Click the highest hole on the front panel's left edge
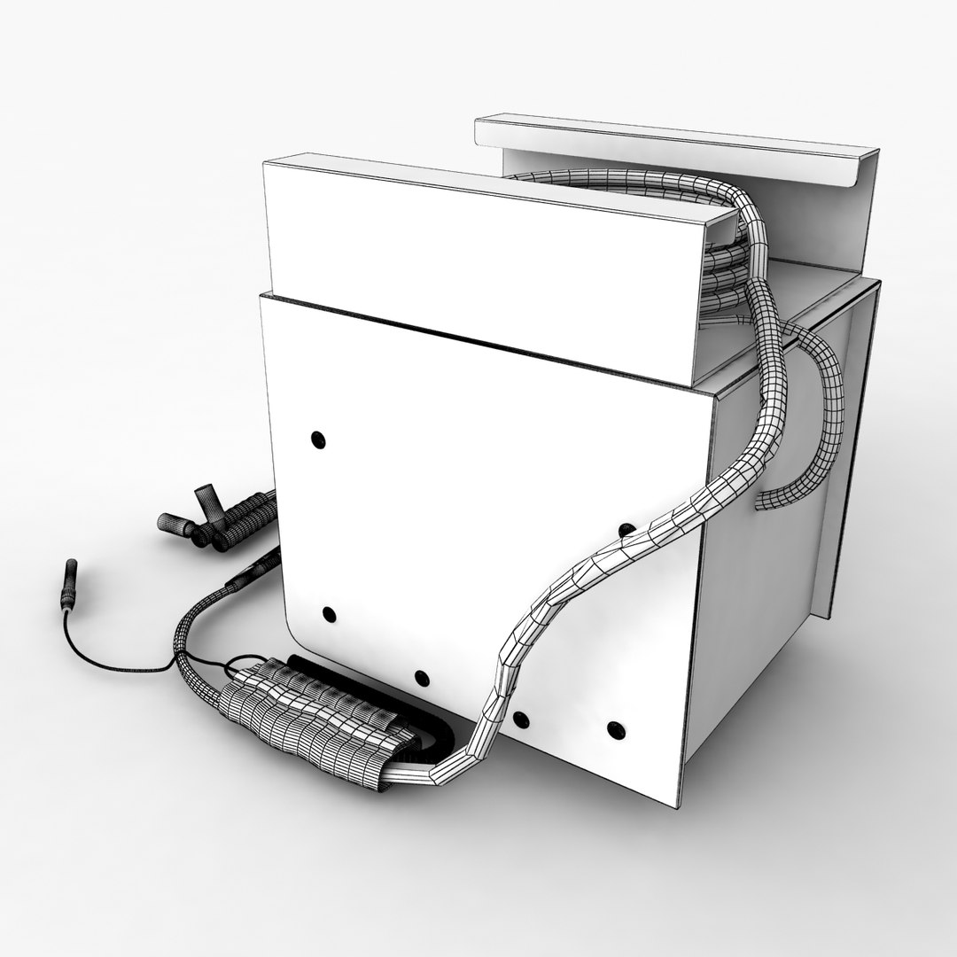click(317, 439)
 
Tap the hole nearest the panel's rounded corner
click(329, 613)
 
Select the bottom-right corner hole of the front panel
click(612, 730)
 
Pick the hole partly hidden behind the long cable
click(626, 530)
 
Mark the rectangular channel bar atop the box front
click(478, 266)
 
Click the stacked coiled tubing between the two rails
click(722, 266)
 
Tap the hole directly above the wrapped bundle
click(422, 680)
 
